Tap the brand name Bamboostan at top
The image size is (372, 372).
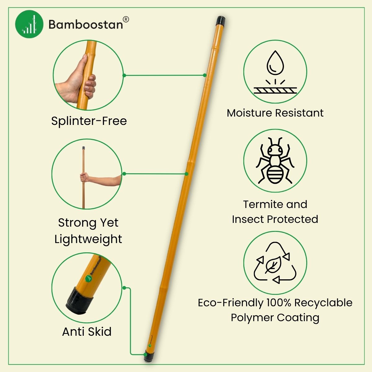[86, 24]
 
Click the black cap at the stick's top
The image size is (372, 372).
[221, 21]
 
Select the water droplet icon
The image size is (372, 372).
[275, 63]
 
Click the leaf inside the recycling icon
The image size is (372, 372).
[273, 265]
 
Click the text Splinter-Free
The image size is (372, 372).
[89, 121]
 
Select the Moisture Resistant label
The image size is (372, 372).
[275, 113]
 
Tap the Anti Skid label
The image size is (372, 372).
[87, 331]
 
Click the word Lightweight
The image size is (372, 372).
[88, 239]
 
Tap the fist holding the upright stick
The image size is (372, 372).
[84, 178]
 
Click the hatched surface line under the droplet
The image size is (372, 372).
[275, 90]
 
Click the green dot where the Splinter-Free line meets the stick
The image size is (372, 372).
[205, 75]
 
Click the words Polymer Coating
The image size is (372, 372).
[275, 317]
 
